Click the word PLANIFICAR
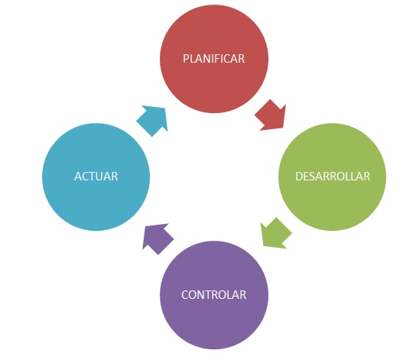point(213,59)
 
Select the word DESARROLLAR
point(333,177)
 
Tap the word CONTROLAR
point(213,295)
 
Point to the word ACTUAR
point(96,177)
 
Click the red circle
point(214,59)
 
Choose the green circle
point(332,177)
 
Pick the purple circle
point(214,295)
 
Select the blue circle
point(96,177)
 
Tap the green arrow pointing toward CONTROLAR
point(275,234)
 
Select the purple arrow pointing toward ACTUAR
point(157,238)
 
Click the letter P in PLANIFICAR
point(186,59)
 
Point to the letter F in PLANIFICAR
point(216,59)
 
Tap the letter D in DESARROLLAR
point(299,177)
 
